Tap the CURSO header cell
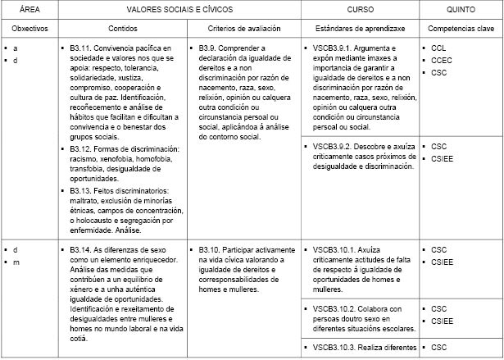tap(360, 11)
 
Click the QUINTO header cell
tap(461, 11)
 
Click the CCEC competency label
tap(442, 61)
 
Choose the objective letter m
tap(16, 261)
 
